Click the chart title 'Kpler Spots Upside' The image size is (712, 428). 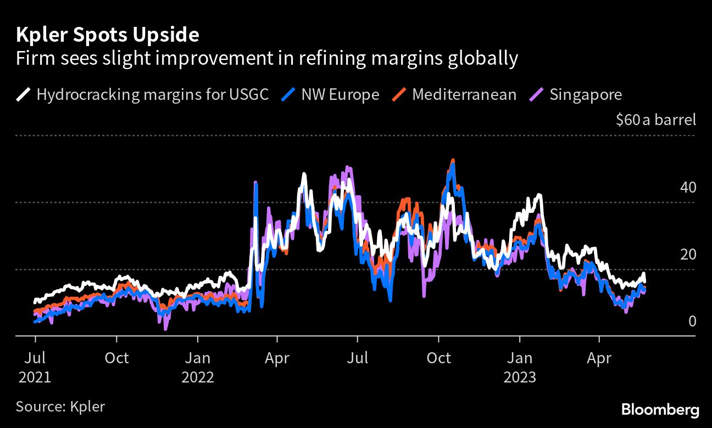point(107,35)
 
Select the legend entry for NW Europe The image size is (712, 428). point(340,94)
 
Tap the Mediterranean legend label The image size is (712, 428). point(464,94)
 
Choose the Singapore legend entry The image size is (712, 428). point(586,94)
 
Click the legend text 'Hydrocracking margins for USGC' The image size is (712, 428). point(152,94)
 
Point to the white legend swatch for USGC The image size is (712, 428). point(23,94)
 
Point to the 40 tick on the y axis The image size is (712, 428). point(688,188)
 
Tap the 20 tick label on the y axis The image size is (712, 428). point(688,255)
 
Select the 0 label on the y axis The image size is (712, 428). point(692,321)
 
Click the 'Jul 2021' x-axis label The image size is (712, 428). point(35,368)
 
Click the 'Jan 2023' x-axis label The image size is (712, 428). point(519,368)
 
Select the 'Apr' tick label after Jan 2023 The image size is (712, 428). point(599,358)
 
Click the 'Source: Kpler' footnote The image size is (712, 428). point(60,407)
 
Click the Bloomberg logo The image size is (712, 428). point(660,409)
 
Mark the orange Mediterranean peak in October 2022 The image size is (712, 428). point(453,161)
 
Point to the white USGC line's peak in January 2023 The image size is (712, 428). point(539,195)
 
